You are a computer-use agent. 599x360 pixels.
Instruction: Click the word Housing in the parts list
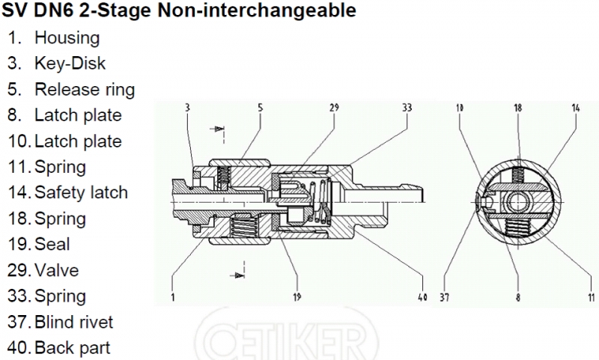pyautogui.click(x=67, y=37)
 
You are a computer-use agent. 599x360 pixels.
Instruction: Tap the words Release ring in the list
pyautogui.click(x=84, y=90)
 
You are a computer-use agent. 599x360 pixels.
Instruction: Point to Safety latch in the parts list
pyautogui.click(x=81, y=192)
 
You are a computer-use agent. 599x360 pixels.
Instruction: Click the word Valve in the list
pyautogui.click(x=56, y=270)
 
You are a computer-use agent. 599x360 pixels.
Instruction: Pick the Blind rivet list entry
pyautogui.click(x=73, y=322)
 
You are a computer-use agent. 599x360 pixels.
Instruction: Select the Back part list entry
pyautogui.click(x=72, y=348)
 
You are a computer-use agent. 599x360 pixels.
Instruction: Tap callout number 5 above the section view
pyautogui.click(x=260, y=109)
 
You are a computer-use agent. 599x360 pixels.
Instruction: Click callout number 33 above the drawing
pyautogui.click(x=407, y=109)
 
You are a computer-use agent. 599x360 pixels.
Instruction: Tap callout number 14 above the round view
pyautogui.click(x=575, y=109)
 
